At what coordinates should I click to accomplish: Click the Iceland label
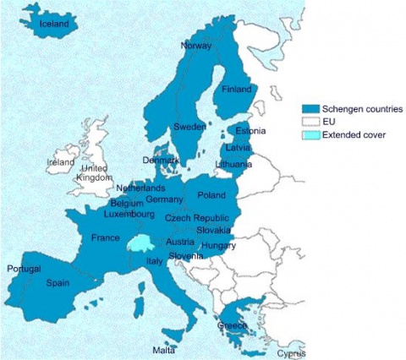tap(54, 25)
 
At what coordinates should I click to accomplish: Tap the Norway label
tap(196, 46)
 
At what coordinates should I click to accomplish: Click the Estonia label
tap(250, 132)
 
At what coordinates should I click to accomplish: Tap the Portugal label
tap(24, 269)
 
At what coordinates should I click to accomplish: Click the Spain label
tap(58, 283)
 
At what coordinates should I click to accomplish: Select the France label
tap(106, 237)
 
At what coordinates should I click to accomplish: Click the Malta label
tap(164, 349)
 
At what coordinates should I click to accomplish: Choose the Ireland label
tap(61, 161)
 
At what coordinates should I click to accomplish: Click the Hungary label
tap(218, 245)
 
